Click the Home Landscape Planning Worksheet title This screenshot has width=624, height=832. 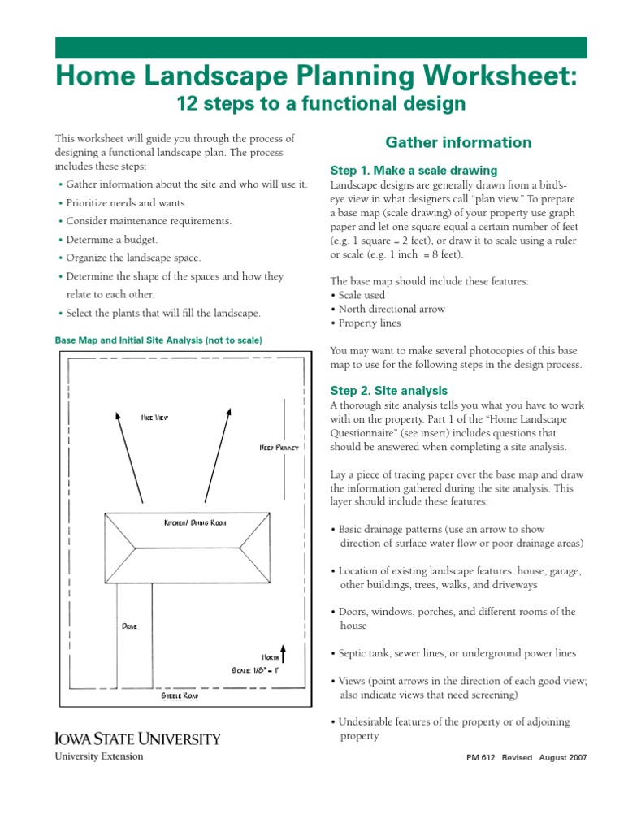pos(317,76)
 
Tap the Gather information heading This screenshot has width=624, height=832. pos(458,143)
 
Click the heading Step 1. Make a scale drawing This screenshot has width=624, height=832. pos(414,171)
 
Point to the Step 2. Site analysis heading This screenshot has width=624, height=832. pos(389,391)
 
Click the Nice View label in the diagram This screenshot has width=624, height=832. pos(154,418)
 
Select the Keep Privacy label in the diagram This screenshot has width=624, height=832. pos(278,448)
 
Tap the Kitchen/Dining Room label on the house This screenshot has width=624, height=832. pos(195,522)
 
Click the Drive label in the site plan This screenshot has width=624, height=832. pos(129,626)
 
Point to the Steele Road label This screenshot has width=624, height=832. pos(180,696)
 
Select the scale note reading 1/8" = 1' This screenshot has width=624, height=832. pos(255,671)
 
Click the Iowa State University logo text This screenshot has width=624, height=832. pos(137,739)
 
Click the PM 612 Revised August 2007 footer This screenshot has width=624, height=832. pos(526,757)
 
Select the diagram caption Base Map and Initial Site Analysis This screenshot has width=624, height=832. pos(158,340)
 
